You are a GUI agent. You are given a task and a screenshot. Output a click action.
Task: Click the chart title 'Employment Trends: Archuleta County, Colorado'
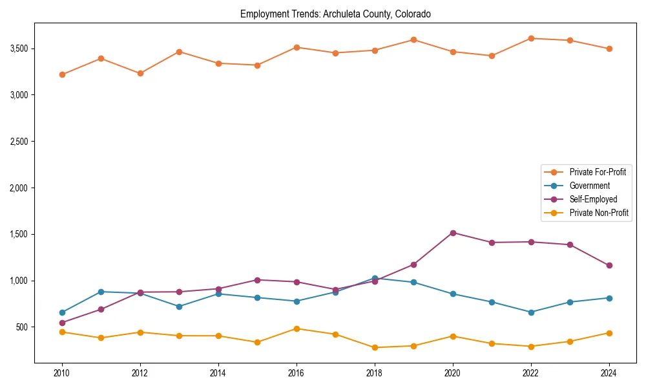coord(335,14)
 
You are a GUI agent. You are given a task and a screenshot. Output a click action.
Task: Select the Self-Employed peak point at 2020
coord(453,233)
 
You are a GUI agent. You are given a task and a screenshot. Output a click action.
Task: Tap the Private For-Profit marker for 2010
coord(62,74)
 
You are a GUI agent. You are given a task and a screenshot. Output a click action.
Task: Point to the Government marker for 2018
coord(375,278)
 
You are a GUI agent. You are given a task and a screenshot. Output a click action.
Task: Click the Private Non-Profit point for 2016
coord(297,329)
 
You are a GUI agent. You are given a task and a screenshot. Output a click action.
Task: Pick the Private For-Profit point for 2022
coord(531,38)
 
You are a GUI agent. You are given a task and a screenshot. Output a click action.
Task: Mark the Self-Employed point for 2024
coord(609,265)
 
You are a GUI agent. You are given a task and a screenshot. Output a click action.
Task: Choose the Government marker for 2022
coord(531,312)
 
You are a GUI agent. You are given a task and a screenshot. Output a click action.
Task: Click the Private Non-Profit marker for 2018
coord(375,347)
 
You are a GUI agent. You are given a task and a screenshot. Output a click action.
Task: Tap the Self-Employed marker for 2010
coord(62,323)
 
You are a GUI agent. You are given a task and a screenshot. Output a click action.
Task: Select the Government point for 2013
coord(179,307)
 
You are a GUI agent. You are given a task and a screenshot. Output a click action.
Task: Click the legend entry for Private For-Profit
coord(597,172)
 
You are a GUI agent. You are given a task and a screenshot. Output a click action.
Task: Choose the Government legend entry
coord(589,186)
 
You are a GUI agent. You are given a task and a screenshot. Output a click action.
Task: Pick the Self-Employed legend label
coord(593,199)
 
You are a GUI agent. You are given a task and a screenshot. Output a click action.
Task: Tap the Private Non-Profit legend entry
coord(599,213)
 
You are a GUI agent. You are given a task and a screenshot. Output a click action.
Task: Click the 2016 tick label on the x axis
coord(297,373)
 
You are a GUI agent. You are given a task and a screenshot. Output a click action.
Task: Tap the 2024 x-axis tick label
coord(609,373)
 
